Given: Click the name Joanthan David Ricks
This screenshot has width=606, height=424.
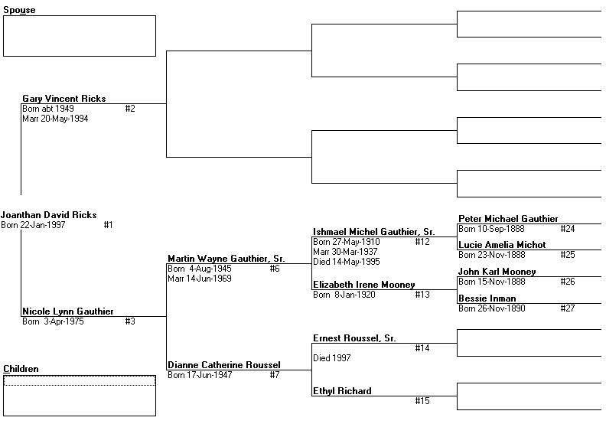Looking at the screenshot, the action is pyautogui.click(x=49, y=215).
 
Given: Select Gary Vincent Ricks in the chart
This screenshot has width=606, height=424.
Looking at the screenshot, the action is pyautogui.click(x=64, y=99).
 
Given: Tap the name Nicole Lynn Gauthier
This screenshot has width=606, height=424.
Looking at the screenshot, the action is pyautogui.click(x=68, y=311).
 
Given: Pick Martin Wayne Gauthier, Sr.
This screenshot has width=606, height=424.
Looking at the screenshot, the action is pyautogui.click(x=226, y=259).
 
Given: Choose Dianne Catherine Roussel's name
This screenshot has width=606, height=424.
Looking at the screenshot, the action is pyautogui.click(x=224, y=365).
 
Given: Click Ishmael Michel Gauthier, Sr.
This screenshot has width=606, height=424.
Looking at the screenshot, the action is pyautogui.click(x=373, y=232).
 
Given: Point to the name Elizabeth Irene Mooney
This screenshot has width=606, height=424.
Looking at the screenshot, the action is pyautogui.click(x=364, y=285).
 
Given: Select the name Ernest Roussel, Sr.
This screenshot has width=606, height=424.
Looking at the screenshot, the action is pyautogui.click(x=354, y=338).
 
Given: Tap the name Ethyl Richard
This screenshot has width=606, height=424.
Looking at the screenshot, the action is pyautogui.click(x=342, y=391).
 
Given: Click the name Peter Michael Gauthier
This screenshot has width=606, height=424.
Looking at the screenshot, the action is pyautogui.click(x=508, y=219).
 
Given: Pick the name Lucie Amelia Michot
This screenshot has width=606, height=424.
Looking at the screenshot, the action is pyautogui.click(x=502, y=245).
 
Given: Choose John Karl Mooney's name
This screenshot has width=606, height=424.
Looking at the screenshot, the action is pyautogui.click(x=497, y=272).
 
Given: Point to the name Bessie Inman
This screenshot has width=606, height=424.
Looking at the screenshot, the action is pyautogui.click(x=487, y=298).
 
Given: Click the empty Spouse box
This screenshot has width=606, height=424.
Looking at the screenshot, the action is pyautogui.click(x=80, y=36).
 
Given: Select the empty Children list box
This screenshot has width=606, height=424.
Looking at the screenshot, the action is pyautogui.click(x=80, y=396).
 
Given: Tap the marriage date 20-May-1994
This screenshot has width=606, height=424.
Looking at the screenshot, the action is pyautogui.click(x=64, y=119).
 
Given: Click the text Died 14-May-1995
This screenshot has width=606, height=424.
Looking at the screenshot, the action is pyautogui.click(x=347, y=262).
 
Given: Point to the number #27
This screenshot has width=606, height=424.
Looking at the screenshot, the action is pyautogui.click(x=568, y=308).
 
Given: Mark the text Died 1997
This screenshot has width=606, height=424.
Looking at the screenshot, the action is pyautogui.click(x=331, y=358).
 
